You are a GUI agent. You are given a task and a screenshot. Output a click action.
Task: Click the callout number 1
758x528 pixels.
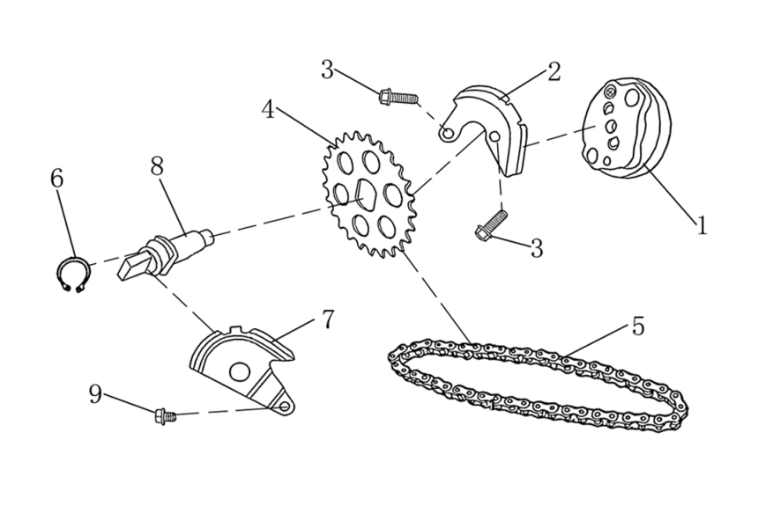[x=702, y=226]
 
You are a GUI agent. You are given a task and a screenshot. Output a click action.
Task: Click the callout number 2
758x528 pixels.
[x=554, y=71]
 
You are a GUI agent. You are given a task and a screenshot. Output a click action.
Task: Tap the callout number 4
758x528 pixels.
[x=269, y=110]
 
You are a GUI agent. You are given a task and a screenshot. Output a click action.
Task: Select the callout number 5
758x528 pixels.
[x=637, y=326]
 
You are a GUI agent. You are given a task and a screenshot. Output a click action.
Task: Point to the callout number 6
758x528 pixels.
[x=57, y=179]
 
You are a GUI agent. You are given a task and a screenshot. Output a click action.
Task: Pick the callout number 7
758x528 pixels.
[x=328, y=319]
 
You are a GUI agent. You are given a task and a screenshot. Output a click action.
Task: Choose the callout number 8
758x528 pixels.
[x=157, y=166]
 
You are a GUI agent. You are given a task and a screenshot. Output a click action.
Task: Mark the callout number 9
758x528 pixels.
[x=96, y=394]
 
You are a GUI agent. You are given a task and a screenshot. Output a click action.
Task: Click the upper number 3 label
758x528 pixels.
[x=327, y=70]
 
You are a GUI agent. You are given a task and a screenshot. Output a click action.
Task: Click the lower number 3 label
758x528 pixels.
[x=536, y=248]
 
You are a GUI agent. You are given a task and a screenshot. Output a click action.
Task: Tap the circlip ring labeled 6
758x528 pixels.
[x=70, y=275]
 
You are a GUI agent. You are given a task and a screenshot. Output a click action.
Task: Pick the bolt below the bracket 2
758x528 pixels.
[x=489, y=226]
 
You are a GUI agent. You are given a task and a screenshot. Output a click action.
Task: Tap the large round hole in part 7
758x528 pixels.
[x=239, y=371]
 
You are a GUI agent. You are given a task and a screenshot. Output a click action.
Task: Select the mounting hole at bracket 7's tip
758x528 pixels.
[x=285, y=407]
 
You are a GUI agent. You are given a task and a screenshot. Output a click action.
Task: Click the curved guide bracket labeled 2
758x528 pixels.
[x=494, y=123]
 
